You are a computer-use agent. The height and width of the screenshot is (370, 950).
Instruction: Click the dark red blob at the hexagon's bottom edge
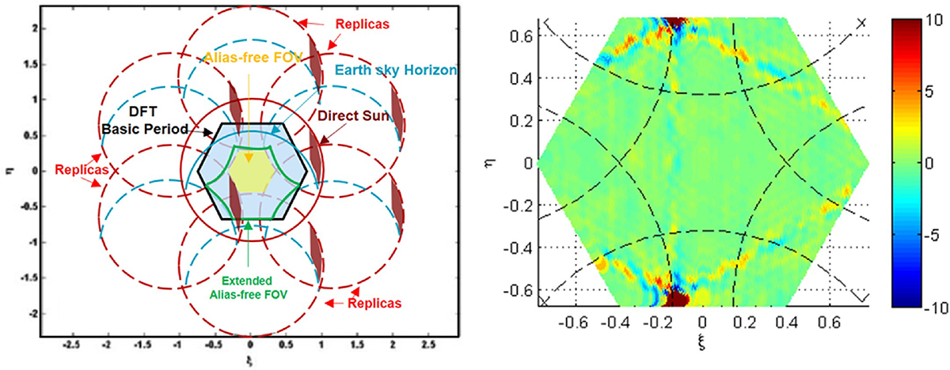[678, 296]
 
